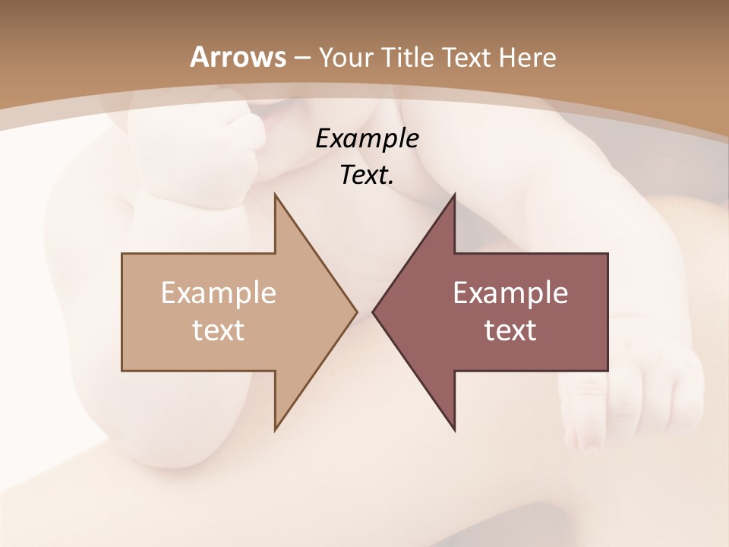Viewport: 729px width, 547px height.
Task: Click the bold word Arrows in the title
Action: tap(238, 57)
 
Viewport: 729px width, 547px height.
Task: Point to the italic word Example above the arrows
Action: tap(367, 139)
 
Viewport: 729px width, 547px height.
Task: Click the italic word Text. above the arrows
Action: tap(367, 175)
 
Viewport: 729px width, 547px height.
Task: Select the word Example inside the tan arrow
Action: tap(219, 293)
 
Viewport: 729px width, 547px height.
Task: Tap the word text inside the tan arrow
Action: tap(219, 330)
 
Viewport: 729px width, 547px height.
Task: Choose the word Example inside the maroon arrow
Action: tap(510, 293)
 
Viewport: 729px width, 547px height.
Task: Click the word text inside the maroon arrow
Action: tap(510, 330)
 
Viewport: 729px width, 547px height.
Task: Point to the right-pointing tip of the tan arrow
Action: tap(357, 311)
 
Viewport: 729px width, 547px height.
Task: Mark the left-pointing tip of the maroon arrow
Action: tap(373, 311)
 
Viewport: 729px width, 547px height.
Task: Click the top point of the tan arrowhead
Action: tap(276, 194)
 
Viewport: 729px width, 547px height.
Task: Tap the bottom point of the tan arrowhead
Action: tap(276, 430)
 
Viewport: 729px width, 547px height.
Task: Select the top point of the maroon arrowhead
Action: tap(454, 194)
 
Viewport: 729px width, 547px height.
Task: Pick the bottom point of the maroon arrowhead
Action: tap(454, 430)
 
